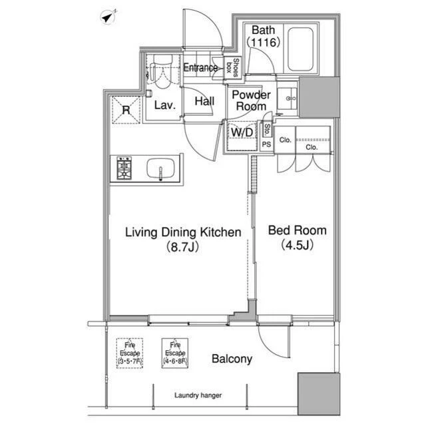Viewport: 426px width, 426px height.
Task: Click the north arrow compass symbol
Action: click(x=108, y=17)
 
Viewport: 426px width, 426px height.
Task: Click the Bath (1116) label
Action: click(x=263, y=37)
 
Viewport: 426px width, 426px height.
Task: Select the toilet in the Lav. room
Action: click(x=162, y=71)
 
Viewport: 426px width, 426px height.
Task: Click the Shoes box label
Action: click(x=233, y=68)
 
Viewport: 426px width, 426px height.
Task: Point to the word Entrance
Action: click(x=200, y=68)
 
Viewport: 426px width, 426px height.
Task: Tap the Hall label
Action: click(x=204, y=101)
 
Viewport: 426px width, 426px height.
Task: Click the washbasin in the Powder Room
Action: click(x=287, y=99)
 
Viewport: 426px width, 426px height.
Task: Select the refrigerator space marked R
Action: click(x=126, y=110)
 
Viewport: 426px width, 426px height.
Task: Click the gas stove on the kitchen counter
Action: click(x=124, y=168)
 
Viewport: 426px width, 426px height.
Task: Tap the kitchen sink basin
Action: click(x=161, y=168)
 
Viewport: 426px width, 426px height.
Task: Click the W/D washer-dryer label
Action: click(x=242, y=132)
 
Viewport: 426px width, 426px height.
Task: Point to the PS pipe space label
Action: click(x=266, y=144)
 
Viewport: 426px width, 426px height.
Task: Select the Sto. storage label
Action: click(x=267, y=130)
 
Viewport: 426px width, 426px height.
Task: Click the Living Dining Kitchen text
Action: click(x=183, y=232)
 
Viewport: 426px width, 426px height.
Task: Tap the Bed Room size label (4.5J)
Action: click(x=298, y=245)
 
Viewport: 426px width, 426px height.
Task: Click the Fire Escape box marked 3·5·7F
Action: click(x=130, y=353)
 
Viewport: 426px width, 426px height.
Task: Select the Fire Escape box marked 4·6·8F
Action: click(x=175, y=353)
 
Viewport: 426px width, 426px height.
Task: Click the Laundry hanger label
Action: click(x=198, y=395)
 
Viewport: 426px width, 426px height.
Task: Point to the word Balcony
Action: click(x=232, y=359)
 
